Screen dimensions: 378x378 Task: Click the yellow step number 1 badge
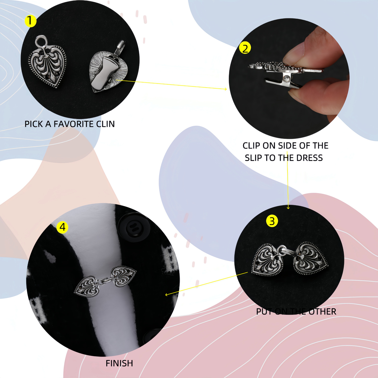pos(30,21)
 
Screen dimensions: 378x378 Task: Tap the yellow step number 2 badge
pos(245,48)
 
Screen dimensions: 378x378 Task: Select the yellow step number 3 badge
pos(272,221)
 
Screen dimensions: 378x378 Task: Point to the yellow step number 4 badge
pos(62,227)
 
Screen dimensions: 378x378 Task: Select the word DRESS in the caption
pos(309,158)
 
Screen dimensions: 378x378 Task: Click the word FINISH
pos(119,363)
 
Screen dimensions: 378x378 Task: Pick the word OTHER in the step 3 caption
pos(322,312)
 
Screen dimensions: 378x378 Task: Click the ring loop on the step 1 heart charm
pos(41,42)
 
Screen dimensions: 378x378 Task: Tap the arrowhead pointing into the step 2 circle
pos(226,89)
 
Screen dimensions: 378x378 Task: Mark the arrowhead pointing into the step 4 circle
pos(166,295)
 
